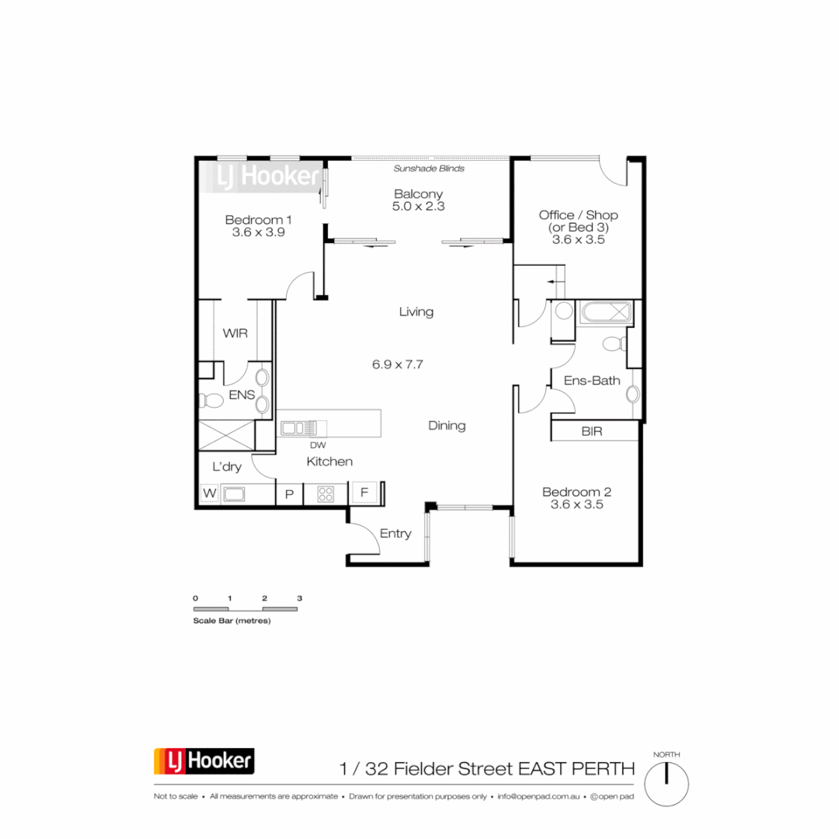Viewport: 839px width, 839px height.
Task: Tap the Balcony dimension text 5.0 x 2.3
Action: pyautogui.click(x=418, y=207)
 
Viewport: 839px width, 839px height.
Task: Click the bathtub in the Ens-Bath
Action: pyautogui.click(x=604, y=313)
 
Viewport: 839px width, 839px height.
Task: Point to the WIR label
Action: pyautogui.click(x=235, y=333)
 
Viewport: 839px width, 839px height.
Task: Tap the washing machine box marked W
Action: pyautogui.click(x=209, y=493)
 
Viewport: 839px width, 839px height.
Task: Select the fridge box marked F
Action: pyautogui.click(x=364, y=493)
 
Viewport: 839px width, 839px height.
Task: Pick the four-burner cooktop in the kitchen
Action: pyautogui.click(x=325, y=493)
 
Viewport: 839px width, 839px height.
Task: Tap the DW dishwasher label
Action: pyautogui.click(x=316, y=445)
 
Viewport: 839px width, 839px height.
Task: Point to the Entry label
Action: pyautogui.click(x=395, y=534)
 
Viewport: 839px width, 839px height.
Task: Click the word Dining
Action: pyautogui.click(x=447, y=426)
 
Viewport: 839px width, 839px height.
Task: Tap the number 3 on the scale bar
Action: pyautogui.click(x=299, y=598)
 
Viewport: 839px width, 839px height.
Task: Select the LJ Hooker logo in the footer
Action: pyautogui.click(x=204, y=761)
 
